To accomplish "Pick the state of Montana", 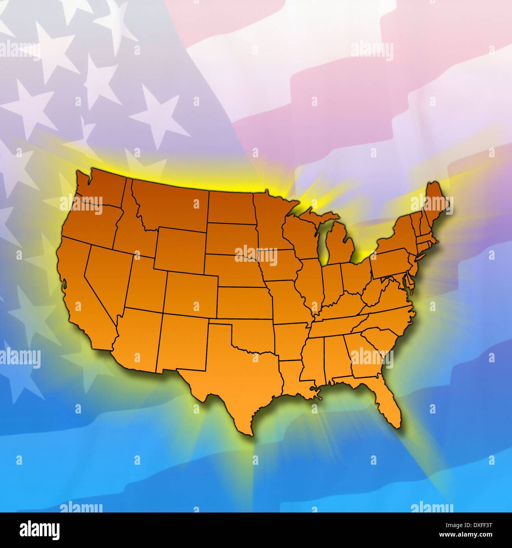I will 169,205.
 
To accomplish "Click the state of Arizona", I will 138,339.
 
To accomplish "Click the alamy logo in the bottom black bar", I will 39,530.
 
